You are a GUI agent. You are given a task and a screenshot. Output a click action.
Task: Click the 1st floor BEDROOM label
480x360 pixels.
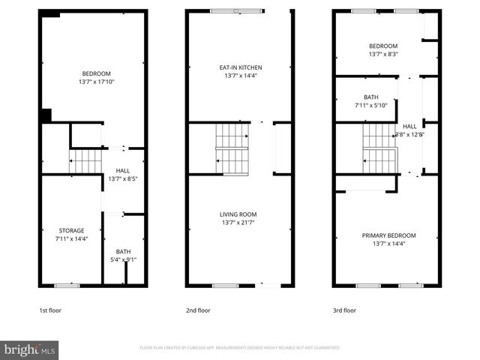point(96,73)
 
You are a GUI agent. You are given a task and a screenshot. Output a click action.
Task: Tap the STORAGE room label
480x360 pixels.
point(72,230)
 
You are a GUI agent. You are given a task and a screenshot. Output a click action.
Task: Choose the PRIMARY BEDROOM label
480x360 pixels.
point(388,235)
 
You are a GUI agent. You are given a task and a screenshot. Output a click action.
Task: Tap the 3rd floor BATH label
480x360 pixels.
point(371,97)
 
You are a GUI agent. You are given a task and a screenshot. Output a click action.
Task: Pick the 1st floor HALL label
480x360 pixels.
point(123,171)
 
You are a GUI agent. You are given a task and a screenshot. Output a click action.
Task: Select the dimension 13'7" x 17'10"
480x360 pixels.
point(96,82)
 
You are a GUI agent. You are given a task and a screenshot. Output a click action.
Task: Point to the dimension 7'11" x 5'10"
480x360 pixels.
point(371,106)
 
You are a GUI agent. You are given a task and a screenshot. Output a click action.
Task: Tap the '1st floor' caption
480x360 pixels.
point(49,310)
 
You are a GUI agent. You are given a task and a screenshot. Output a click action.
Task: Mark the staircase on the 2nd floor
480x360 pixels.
point(232,148)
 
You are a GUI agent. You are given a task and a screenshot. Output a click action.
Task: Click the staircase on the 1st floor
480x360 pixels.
point(84,160)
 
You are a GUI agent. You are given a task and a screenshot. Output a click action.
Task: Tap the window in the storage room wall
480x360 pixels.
point(67,285)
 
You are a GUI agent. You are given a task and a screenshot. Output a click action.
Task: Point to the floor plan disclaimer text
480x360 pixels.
point(240,348)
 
